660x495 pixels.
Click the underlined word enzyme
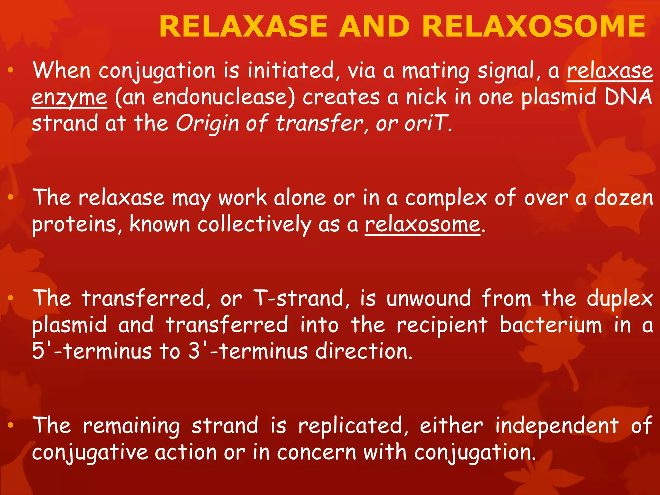tap(69, 97)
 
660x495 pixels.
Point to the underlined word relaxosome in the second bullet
tap(422, 224)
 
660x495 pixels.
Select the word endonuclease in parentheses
tap(205, 97)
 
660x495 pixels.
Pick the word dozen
tap(623, 198)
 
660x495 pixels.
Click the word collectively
tap(254, 224)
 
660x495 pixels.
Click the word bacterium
tap(550, 325)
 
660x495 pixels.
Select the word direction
tap(364, 351)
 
